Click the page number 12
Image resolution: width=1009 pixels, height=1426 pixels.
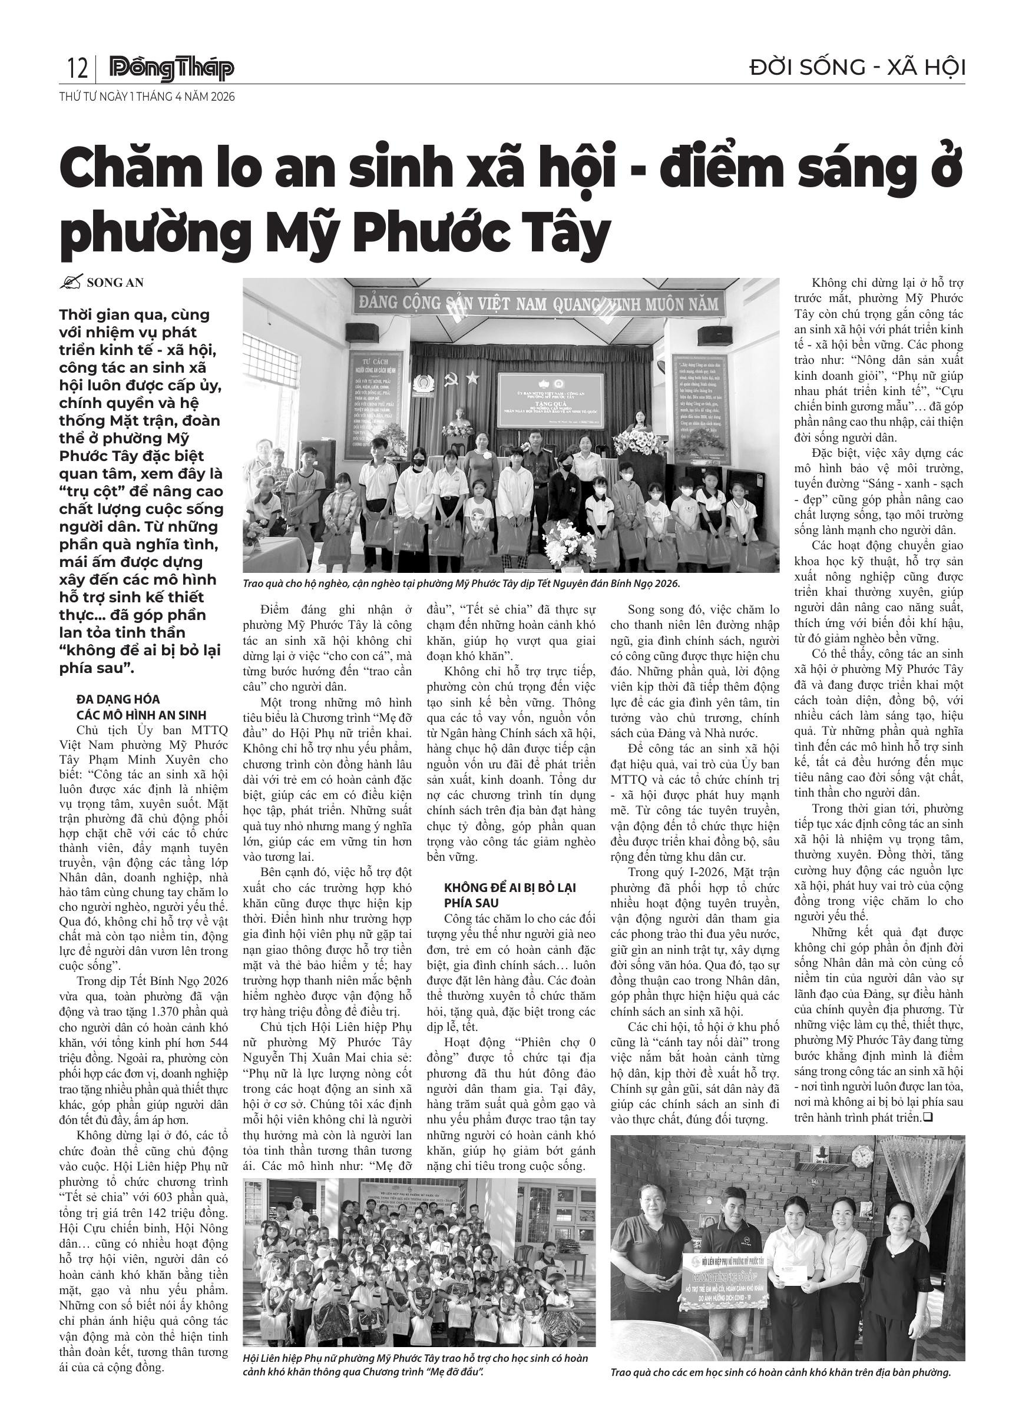77,68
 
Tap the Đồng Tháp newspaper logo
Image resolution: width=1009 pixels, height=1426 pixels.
171,68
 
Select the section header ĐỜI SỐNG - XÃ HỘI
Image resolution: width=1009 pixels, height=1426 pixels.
858,67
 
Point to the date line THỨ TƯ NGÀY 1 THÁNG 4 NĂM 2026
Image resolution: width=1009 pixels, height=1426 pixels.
147,97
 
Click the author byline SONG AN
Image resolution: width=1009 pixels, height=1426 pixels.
115,283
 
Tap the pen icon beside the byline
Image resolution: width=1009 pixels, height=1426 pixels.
71,283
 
